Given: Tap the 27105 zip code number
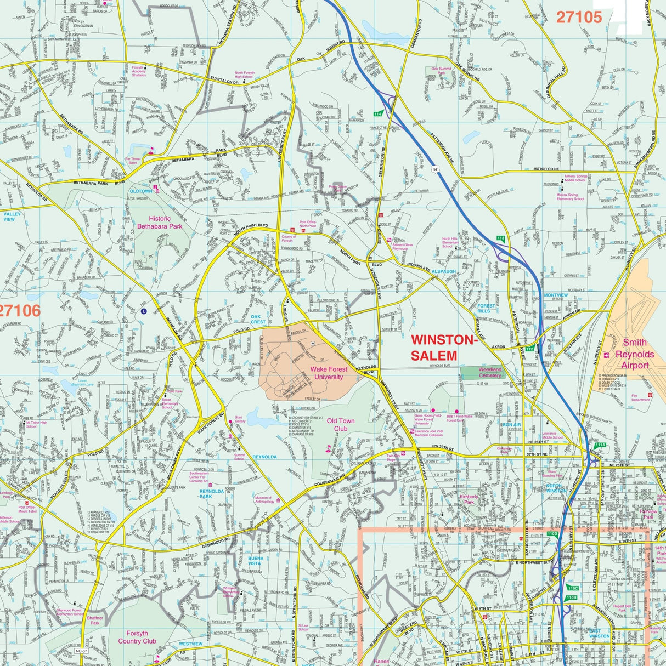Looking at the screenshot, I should point(579,17).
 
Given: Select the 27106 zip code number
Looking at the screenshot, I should point(20,311).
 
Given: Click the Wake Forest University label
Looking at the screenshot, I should point(329,373).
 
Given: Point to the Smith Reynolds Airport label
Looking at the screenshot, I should point(635,354).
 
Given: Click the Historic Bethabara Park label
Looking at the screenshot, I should point(159,222).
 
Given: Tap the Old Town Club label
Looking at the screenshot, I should point(341,425).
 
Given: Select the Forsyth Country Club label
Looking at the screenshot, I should point(137,637).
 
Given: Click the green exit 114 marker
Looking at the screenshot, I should point(377,114).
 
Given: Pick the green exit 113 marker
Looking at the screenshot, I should point(500,237).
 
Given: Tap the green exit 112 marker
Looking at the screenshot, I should point(529,349).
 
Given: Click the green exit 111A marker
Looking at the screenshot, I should point(600,445).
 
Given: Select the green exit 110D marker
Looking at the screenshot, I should point(552,533).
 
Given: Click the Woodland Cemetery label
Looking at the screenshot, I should point(490,372).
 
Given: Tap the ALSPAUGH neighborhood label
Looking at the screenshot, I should point(444,271).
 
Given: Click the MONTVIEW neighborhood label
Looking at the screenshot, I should point(556,295).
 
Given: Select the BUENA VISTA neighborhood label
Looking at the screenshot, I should point(255,560).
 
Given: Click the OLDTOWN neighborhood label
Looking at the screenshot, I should point(140,191).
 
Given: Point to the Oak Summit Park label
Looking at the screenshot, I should point(441,71).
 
